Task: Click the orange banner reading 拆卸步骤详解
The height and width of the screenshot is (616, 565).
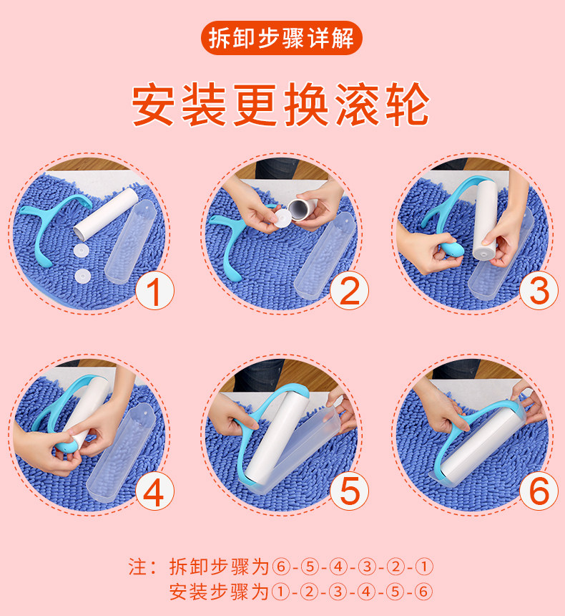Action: pos(281,38)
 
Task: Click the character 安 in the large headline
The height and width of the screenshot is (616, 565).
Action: pos(153,104)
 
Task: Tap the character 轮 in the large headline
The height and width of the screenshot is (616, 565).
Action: pos(408,104)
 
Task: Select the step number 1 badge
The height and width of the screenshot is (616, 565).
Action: pos(154,291)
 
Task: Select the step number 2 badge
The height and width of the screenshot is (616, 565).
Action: pos(349,291)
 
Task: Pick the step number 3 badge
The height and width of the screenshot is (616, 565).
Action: pos(539,291)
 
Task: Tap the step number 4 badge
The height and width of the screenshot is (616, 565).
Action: pos(154,491)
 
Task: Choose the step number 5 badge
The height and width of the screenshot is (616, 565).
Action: pos(349,491)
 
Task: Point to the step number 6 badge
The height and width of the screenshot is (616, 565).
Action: pos(539,491)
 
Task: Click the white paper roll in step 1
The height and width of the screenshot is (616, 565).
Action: pos(106,214)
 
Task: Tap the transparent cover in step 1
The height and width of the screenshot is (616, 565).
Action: pos(131,241)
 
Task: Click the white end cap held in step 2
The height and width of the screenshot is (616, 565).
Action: pos(282,218)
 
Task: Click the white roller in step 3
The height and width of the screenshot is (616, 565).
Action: pos(486,220)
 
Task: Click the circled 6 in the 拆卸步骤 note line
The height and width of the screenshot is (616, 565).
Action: pos(280,567)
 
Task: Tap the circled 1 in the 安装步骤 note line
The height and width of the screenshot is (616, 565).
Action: pos(280,592)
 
